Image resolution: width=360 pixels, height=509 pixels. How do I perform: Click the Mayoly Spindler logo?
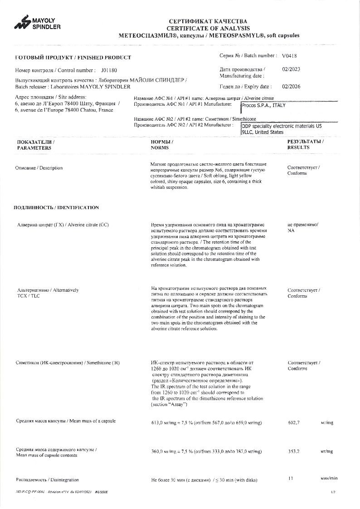(37, 24)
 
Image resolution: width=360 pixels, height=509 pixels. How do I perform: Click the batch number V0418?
(289, 56)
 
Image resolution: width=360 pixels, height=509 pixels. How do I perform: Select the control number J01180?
(109, 70)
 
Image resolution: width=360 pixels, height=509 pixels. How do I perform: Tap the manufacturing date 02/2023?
(291, 69)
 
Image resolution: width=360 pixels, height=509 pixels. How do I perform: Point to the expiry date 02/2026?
(291, 86)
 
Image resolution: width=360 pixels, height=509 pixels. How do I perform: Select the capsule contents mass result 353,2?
(294, 451)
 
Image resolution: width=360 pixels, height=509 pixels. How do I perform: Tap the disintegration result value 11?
(291, 479)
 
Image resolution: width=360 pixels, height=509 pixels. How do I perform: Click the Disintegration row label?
(47, 480)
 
